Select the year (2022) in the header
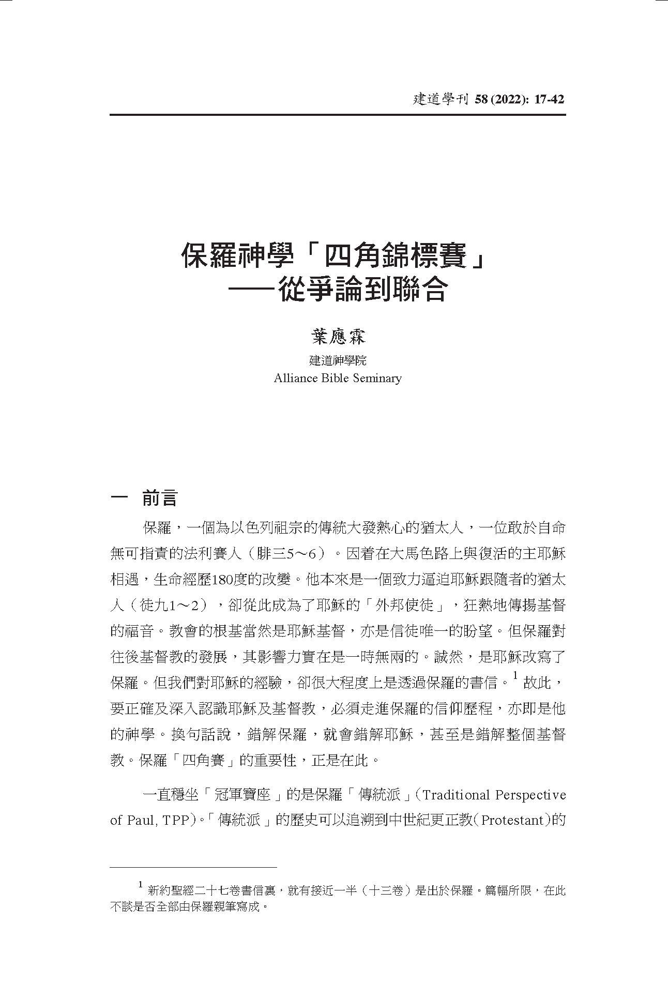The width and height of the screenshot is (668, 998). (x=505, y=99)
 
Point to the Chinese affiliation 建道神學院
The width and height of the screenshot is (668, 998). (x=338, y=360)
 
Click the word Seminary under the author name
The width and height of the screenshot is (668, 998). (x=377, y=378)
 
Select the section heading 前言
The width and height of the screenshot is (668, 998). (x=159, y=498)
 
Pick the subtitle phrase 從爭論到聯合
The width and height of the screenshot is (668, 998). (x=362, y=290)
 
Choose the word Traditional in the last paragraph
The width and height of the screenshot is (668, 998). (x=454, y=795)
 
